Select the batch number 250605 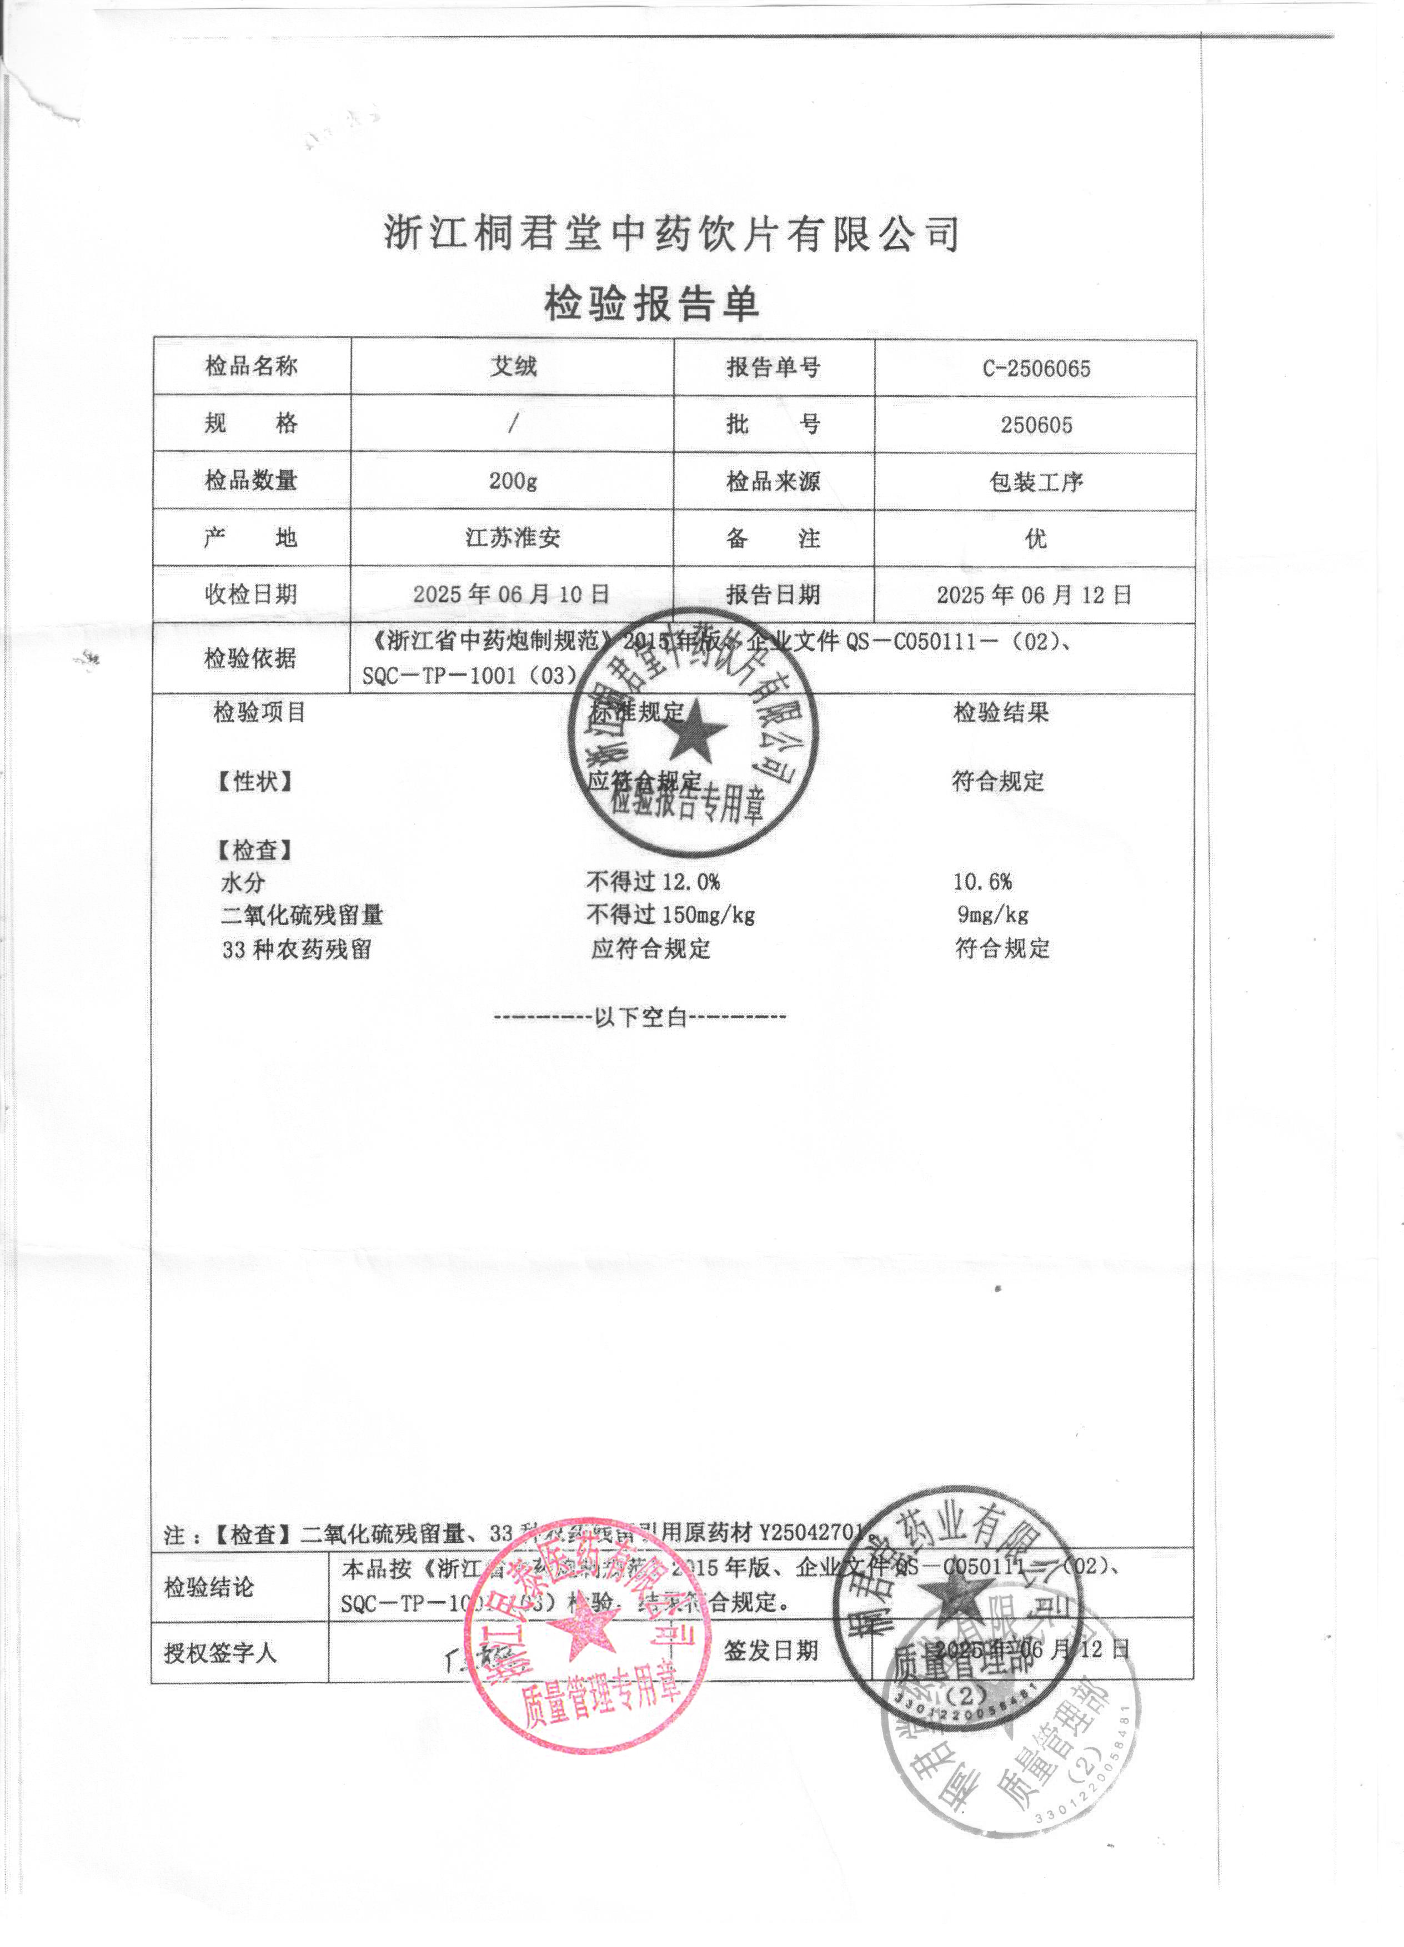1036,425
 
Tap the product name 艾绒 513,366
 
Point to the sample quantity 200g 513,481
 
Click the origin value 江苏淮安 513,537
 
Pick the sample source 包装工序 1036,481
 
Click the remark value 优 1036,539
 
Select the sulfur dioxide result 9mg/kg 992,915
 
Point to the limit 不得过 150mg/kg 670,915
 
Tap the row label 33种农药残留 296,949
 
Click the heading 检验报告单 652,304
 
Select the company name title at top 671,234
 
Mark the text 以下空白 640,1017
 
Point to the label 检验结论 209,1587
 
